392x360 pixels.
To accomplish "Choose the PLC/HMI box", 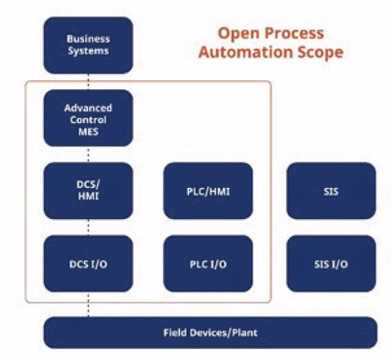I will (x=208, y=190).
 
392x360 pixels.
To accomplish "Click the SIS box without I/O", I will (x=331, y=190).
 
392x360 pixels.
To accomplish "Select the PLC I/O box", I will (x=208, y=264).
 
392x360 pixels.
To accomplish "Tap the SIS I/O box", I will (x=331, y=264).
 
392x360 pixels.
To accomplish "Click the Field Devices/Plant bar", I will (x=210, y=332).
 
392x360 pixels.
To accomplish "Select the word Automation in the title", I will (x=243, y=52).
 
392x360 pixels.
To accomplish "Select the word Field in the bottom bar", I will (x=176, y=333).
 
